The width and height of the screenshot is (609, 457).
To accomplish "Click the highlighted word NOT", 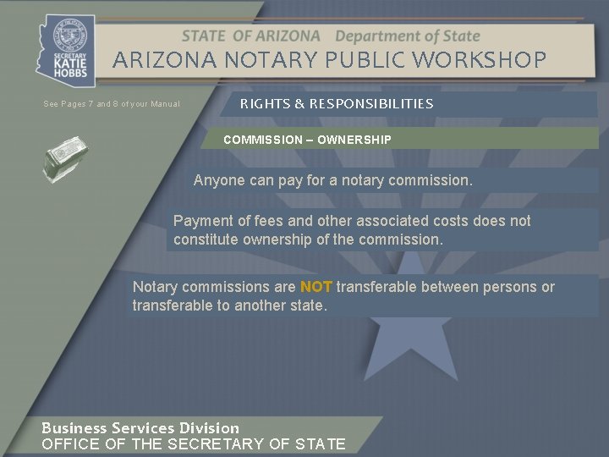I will pos(315,287).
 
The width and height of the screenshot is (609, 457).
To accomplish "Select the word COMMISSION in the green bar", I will pos(262,139).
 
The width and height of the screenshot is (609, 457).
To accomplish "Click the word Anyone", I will pos(218,180).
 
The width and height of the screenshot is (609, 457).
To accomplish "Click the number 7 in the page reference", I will pos(90,104).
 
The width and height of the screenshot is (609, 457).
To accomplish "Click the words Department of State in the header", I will pos(408,36).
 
